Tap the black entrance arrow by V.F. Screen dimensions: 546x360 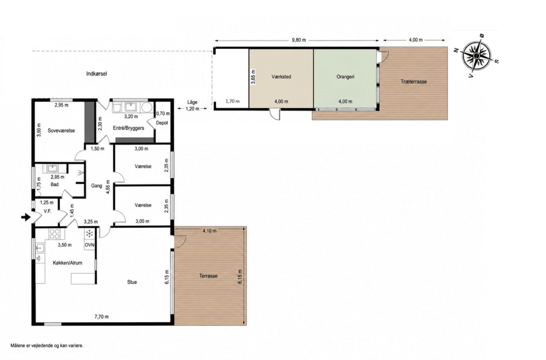[26, 218]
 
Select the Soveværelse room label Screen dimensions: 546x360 [61, 131]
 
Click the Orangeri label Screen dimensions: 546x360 [346, 77]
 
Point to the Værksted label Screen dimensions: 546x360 [281, 77]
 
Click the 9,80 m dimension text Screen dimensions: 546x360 [299, 40]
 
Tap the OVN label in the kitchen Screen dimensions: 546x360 [90, 245]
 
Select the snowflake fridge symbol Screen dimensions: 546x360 [90, 234]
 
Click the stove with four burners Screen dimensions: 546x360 [55, 234]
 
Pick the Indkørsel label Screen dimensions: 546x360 [97, 74]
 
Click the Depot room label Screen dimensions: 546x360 [162, 123]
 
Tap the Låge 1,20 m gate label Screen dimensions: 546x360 [192, 105]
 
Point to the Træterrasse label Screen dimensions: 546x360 [414, 82]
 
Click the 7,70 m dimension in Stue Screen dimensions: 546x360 [101, 317]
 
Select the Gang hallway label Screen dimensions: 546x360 [97, 186]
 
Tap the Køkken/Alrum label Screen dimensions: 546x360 [68, 263]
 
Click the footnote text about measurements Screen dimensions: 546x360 [47, 346]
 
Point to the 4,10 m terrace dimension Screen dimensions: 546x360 [209, 231]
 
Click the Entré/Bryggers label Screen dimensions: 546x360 [129, 128]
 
